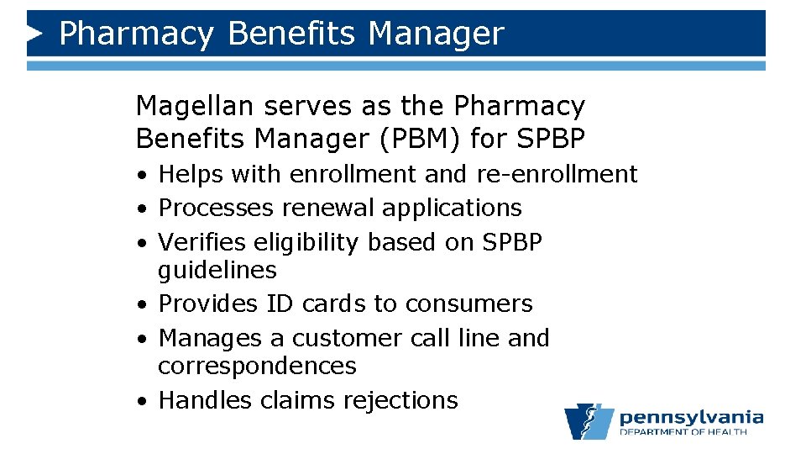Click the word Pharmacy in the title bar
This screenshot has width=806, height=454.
pyautogui.click(x=135, y=34)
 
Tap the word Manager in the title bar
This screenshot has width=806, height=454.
pyautogui.click(x=436, y=34)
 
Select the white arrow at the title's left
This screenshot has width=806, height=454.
pyautogui.click(x=34, y=34)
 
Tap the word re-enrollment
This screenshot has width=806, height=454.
pyautogui.click(x=557, y=174)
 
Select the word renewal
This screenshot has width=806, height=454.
pyautogui.click(x=329, y=208)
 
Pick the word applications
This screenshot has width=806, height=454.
pyautogui.click(x=453, y=209)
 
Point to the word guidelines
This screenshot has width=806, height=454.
pyautogui.click(x=217, y=271)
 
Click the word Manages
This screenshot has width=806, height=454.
pyautogui.click(x=210, y=338)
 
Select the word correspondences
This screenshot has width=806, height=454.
pyautogui.click(x=257, y=367)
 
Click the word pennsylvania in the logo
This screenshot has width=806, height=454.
pyautogui.click(x=691, y=418)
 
